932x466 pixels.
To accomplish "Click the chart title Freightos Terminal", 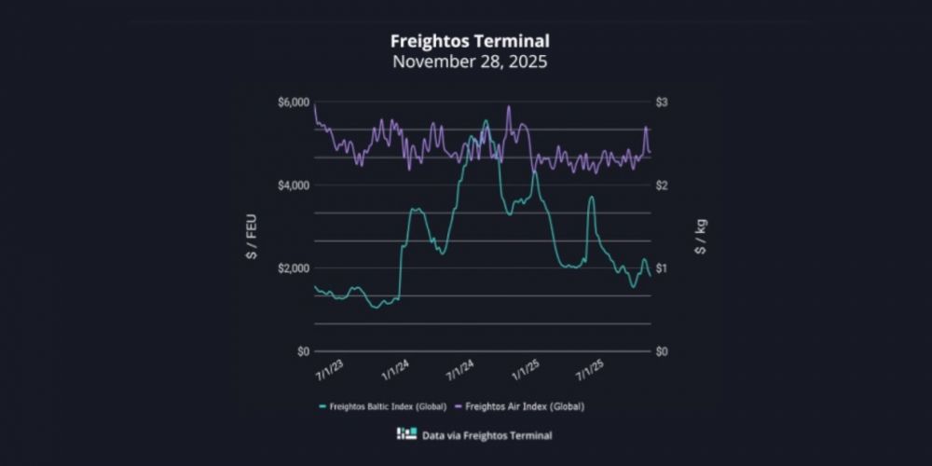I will [469, 41].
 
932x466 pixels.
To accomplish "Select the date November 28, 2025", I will [469, 62].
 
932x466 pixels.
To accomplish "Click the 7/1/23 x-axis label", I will [328, 372].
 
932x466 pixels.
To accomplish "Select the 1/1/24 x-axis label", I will [394, 372].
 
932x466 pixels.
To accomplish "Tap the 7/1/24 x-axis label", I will [459, 372].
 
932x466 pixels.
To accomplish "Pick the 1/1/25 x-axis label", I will [526, 372].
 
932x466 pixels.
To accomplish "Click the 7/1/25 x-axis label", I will [591, 372].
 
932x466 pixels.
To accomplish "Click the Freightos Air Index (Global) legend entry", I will [524, 406].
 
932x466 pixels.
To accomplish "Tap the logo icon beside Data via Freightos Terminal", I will [406, 434].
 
